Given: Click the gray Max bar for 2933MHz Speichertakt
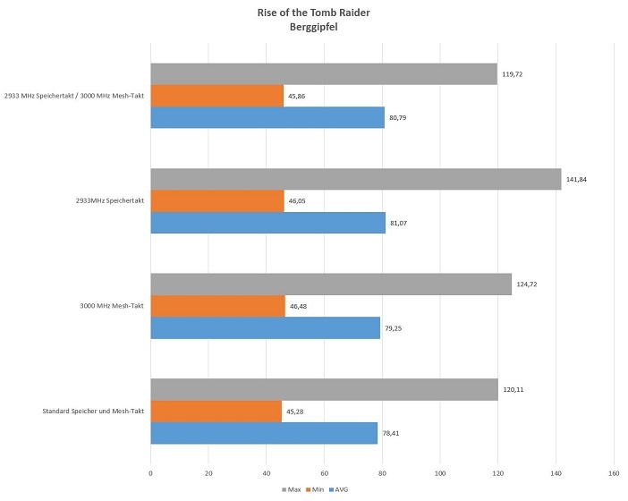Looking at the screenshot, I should [355, 179].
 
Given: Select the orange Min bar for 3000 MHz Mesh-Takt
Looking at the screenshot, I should [217, 306].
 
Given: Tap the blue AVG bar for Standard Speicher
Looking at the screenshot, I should [263, 433].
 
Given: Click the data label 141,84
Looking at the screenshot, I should [575, 179].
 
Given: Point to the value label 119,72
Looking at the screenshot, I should [511, 74].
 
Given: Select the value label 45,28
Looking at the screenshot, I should [296, 412].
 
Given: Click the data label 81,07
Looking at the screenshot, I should [400, 223].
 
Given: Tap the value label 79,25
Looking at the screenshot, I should [395, 328].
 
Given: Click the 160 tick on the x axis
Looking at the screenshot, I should [614, 472].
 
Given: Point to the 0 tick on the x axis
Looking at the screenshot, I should [150, 472].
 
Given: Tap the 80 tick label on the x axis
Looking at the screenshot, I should [382, 472].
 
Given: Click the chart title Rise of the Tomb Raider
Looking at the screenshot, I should [313, 13].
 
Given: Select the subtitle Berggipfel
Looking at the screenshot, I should [313, 28].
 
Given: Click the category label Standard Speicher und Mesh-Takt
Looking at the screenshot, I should [93, 412].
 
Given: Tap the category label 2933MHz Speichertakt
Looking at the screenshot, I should [110, 201].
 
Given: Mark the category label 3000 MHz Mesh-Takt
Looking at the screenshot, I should [112, 307].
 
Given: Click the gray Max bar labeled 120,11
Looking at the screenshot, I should [324, 390].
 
